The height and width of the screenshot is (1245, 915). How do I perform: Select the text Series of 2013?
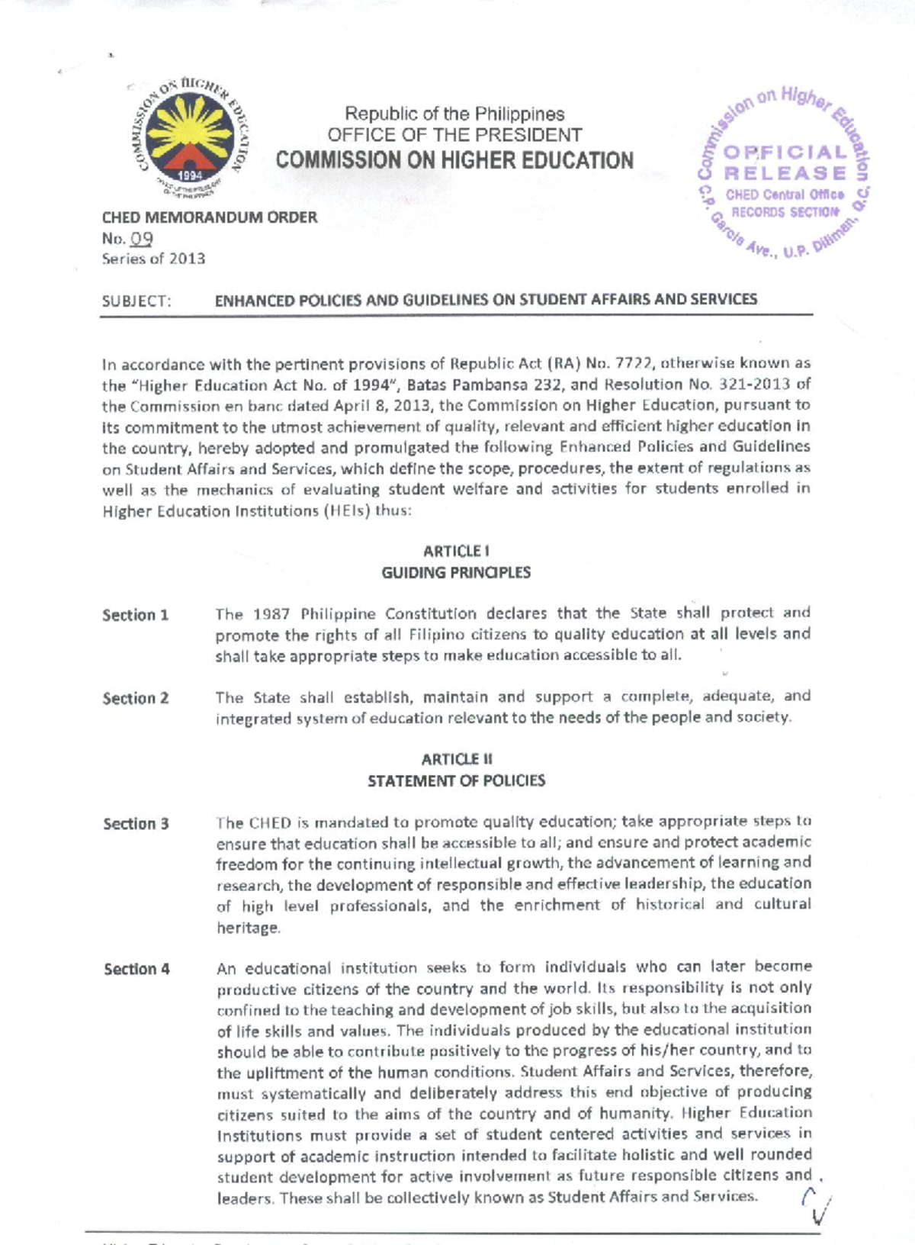coord(153,259)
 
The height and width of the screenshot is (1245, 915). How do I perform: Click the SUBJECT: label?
coord(136,301)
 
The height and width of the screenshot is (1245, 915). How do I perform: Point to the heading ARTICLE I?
coord(456,551)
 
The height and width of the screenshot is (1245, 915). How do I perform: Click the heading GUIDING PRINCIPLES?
coord(456,572)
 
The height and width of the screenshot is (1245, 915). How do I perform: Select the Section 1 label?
coord(136,615)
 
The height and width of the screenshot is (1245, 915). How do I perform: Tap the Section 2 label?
coord(136,698)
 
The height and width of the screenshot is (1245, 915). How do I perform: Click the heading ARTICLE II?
coord(456,759)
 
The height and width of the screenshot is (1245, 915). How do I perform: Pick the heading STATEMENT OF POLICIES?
coord(456,780)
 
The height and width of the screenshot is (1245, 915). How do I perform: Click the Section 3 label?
coord(136,824)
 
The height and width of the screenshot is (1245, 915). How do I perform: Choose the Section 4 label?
coord(136,969)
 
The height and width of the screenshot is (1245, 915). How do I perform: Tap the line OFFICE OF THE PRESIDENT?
coord(454,135)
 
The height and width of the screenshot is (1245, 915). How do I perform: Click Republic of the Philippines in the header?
coord(454,114)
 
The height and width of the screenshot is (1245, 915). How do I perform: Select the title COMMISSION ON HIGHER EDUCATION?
coord(454,160)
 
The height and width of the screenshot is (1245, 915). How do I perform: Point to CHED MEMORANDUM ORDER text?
coord(210,217)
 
